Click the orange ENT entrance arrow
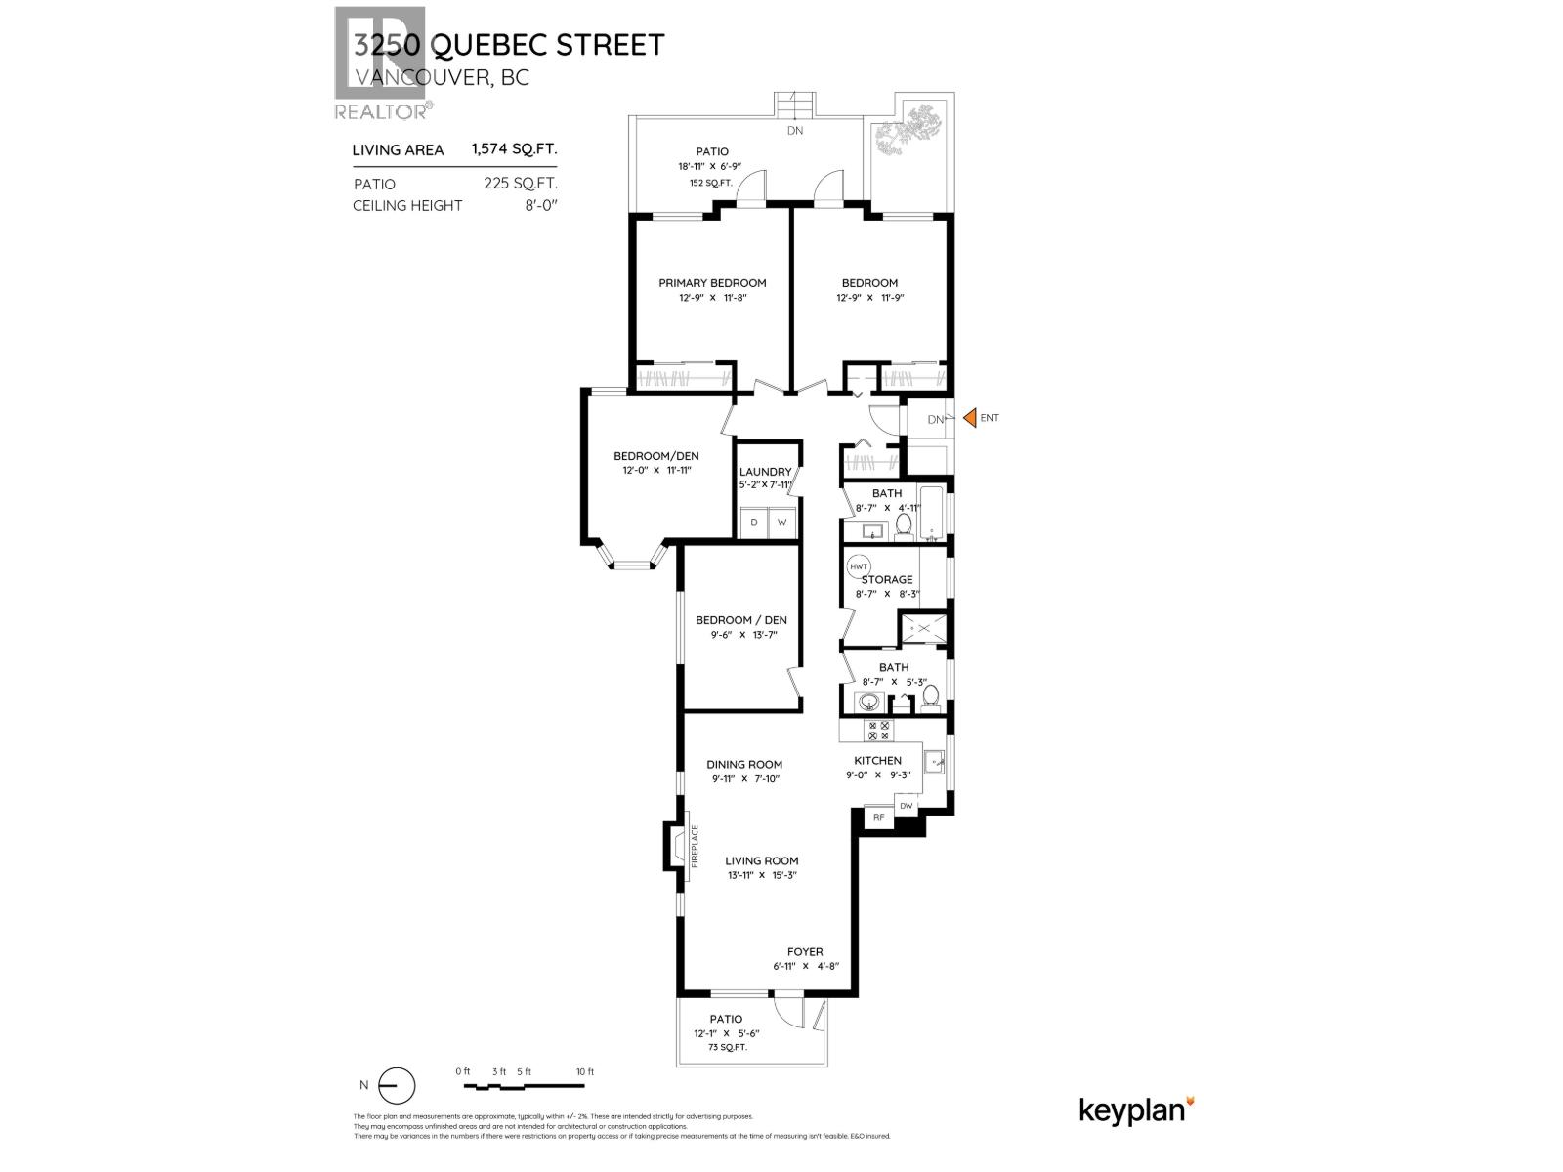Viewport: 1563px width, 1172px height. (x=970, y=418)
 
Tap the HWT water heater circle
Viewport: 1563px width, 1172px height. (x=859, y=567)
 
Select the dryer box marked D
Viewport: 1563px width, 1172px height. (x=753, y=523)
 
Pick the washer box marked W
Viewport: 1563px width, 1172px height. (x=781, y=523)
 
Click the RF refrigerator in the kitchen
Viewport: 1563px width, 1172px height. (x=878, y=817)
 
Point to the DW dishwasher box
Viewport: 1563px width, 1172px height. (x=907, y=806)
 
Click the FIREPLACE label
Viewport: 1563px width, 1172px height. (x=696, y=847)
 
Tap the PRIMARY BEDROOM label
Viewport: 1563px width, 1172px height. (x=712, y=283)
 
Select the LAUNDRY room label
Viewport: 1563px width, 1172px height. (x=765, y=472)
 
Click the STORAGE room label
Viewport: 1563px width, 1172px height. (x=887, y=579)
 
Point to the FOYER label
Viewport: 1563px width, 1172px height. (x=805, y=951)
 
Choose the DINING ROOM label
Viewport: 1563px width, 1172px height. (x=744, y=765)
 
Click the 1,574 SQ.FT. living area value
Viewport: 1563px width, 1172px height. (x=514, y=149)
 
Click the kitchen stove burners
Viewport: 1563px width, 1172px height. (x=878, y=731)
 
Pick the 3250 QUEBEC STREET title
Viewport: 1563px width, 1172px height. (x=509, y=45)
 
